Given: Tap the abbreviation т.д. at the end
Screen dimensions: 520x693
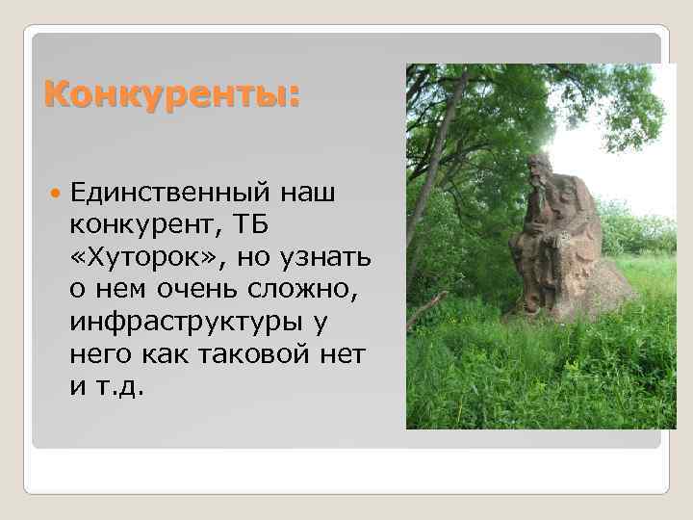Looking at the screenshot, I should [x=121, y=389].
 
